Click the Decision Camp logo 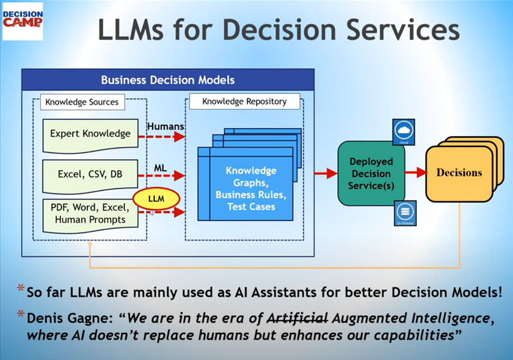coord(22,21)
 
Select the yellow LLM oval coord(156,198)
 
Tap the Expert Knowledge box coord(90,134)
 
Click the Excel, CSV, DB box coord(90,174)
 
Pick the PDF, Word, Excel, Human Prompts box coord(89,214)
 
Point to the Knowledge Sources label coord(82,102)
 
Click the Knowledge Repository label coord(244,102)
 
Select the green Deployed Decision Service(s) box coord(371,173)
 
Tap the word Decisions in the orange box coord(459,173)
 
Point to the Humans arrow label coord(165,126)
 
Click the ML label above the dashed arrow coord(160,167)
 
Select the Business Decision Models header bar coord(168,80)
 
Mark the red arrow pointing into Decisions coord(415,173)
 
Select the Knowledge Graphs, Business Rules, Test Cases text coord(251,189)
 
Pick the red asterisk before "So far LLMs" coord(21,288)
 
